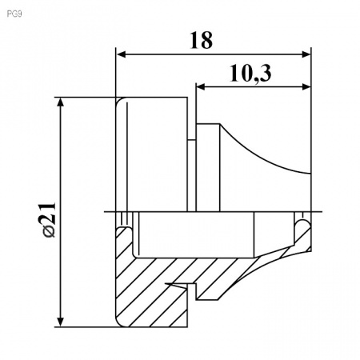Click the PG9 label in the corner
pos(14,14)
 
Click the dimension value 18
pos(202,40)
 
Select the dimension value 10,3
pos(250,74)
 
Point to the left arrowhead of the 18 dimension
pos(122,54)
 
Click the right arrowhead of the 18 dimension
pos(306,54)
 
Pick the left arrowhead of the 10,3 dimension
pos(201,86)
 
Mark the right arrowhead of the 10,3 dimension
pos(306,86)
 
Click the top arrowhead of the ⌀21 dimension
pos(61,102)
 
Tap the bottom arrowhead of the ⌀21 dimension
pos(61,322)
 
